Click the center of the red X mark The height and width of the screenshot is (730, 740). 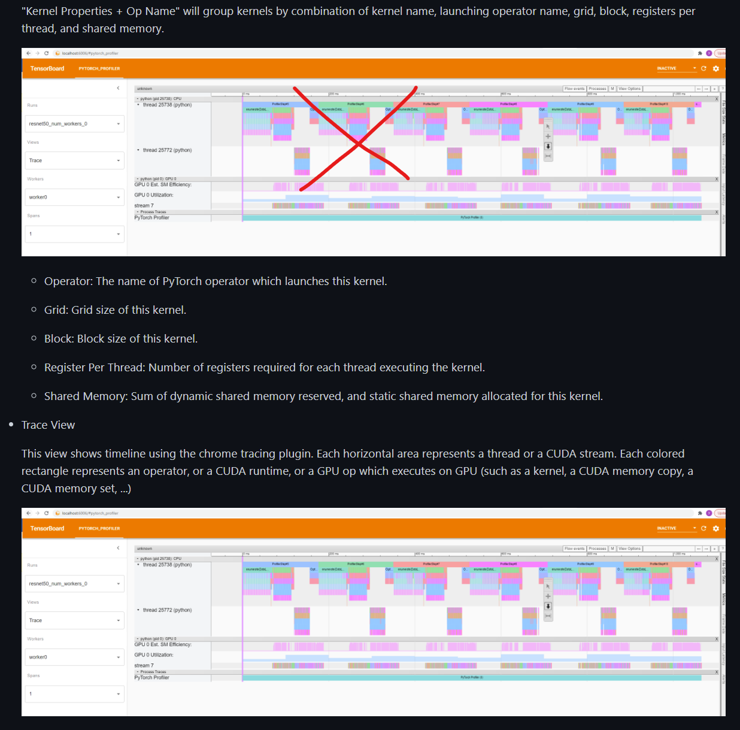[x=358, y=143]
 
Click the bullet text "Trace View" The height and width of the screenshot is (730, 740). [x=48, y=425]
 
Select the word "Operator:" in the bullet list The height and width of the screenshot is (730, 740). [x=68, y=281]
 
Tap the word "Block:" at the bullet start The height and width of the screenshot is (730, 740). [x=59, y=339]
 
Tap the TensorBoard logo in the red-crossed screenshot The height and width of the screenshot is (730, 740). [x=47, y=69]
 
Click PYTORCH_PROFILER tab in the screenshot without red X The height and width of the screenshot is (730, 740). [x=99, y=529]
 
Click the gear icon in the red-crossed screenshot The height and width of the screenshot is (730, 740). [x=716, y=69]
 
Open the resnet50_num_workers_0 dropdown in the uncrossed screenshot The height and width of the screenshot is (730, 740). [x=75, y=584]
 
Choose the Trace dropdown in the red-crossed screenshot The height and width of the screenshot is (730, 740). [x=75, y=160]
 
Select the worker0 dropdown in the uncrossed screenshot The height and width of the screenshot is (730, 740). [x=75, y=658]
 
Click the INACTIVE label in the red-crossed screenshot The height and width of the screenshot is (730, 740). [x=666, y=69]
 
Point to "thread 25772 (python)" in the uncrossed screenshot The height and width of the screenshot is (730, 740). [x=167, y=610]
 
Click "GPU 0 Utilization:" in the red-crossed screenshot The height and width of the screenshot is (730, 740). [x=154, y=195]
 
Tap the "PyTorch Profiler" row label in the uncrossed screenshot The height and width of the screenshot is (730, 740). [x=151, y=678]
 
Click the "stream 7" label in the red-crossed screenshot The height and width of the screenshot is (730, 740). [x=144, y=206]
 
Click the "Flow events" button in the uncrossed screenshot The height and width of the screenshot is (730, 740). [x=574, y=549]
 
